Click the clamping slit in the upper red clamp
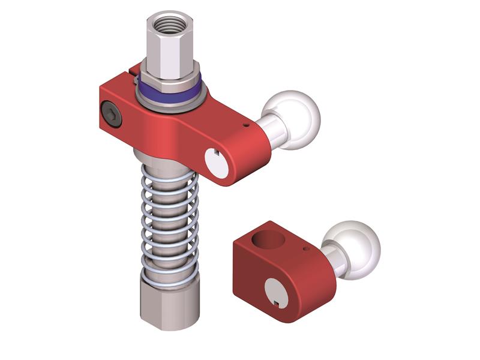[133, 75]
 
